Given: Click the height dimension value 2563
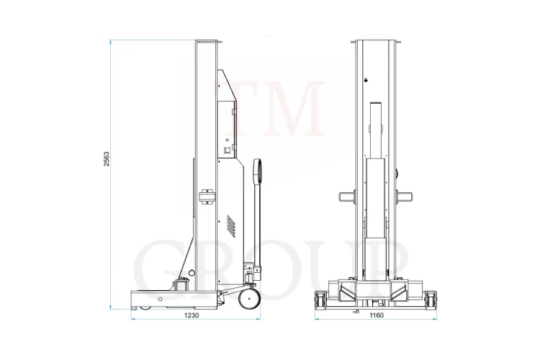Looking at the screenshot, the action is [x=107, y=159].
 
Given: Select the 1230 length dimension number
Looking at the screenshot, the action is [x=191, y=315].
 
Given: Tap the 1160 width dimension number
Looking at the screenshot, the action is [x=377, y=315].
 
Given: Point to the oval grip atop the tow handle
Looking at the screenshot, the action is [x=257, y=170].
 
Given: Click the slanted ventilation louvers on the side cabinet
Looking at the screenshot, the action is [x=231, y=226].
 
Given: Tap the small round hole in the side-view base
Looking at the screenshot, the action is [x=160, y=300].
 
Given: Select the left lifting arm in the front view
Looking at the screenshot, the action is [x=347, y=197].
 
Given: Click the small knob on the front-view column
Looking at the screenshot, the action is [x=366, y=80].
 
